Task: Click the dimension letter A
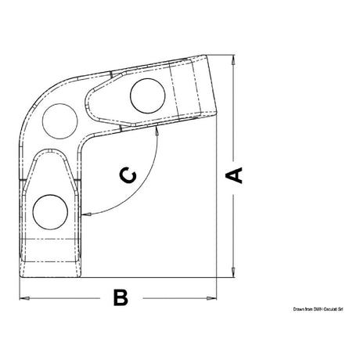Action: point(233,174)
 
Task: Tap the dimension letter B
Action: point(120,297)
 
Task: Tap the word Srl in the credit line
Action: point(341,310)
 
